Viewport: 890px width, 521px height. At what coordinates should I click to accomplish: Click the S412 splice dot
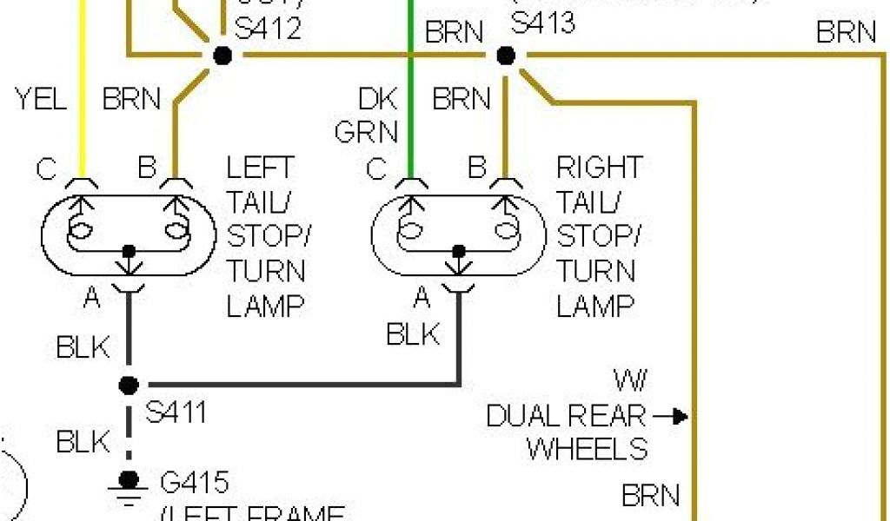[x=222, y=56]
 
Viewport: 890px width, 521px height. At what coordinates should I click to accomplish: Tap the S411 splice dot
[x=129, y=384]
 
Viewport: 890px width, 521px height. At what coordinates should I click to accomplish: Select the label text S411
[x=176, y=412]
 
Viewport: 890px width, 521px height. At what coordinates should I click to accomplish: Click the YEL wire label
[x=41, y=99]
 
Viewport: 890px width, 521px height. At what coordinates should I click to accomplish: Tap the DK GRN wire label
[x=367, y=115]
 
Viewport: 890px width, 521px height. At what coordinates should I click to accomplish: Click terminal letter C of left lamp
[x=47, y=168]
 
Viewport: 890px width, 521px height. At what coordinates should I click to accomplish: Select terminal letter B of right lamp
[x=476, y=168]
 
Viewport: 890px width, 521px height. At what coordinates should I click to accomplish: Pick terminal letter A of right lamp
[x=422, y=299]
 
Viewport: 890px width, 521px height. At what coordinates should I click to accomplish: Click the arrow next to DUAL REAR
[x=670, y=418]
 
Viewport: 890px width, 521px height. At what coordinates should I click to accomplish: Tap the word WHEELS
[x=588, y=448]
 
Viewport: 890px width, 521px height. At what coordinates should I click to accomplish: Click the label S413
[x=543, y=22]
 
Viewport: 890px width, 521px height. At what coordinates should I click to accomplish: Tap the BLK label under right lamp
[x=414, y=333]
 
